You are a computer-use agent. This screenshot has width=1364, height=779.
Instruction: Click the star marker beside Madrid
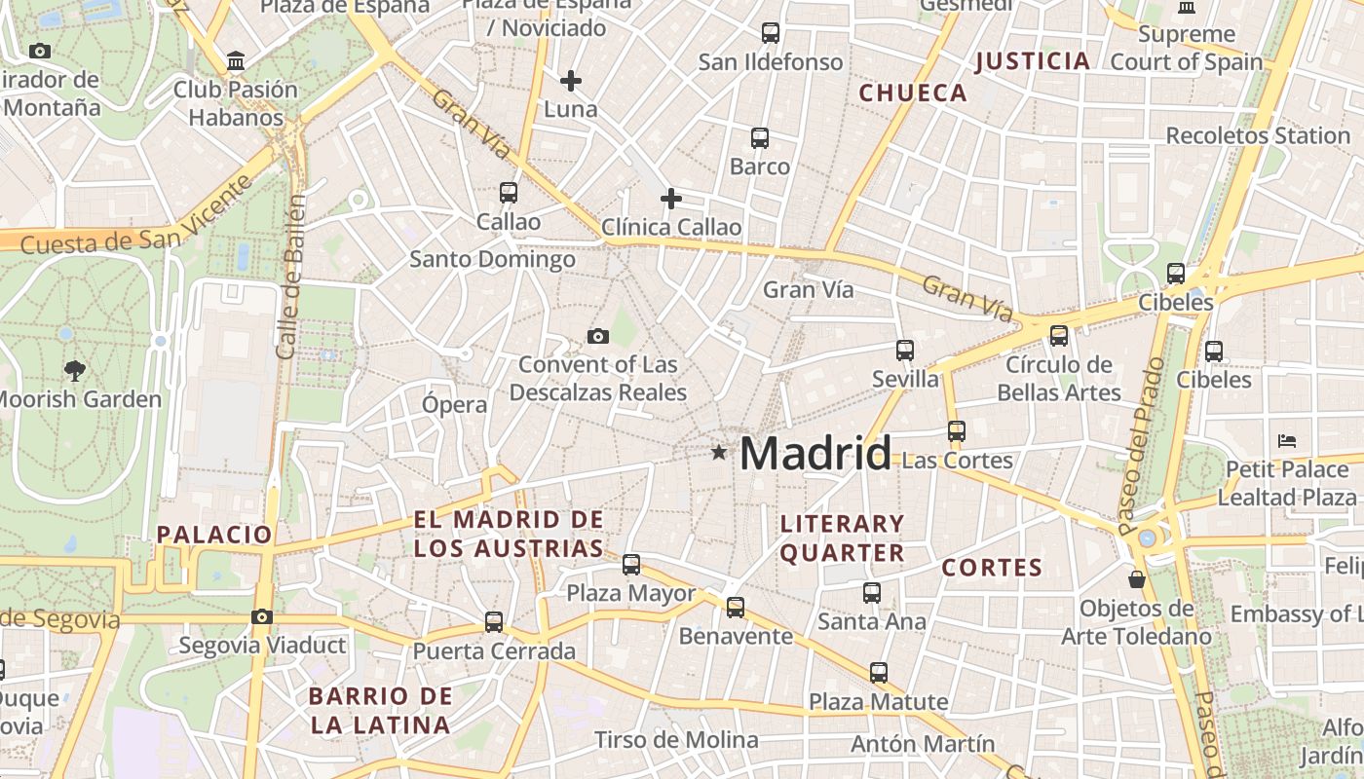(x=719, y=452)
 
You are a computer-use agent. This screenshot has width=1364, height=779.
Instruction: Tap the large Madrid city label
(x=815, y=454)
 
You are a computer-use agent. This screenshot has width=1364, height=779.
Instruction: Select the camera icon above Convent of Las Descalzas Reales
(x=598, y=336)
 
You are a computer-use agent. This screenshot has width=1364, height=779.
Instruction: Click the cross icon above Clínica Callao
(x=671, y=199)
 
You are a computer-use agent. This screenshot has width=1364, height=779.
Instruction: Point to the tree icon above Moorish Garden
(x=74, y=370)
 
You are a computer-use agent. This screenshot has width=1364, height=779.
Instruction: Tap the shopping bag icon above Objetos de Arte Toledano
(x=1136, y=579)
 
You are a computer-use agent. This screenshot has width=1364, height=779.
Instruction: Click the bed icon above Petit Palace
(x=1287, y=440)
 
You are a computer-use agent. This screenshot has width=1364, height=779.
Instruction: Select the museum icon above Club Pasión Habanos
(x=236, y=60)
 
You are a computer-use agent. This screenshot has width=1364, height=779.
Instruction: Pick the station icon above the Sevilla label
(x=905, y=351)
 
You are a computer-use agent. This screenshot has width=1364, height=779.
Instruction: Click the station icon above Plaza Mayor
(x=631, y=565)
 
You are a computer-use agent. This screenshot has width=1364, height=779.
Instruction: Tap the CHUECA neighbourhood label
(x=913, y=93)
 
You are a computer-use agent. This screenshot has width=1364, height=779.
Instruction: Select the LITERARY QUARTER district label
(x=843, y=538)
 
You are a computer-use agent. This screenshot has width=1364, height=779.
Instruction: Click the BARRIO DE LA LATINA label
(x=380, y=711)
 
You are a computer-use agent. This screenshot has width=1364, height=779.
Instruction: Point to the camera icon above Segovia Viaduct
(x=261, y=616)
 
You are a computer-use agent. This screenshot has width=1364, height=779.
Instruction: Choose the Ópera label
(x=454, y=404)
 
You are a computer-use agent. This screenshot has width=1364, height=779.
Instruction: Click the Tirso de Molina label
(x=676, y=740)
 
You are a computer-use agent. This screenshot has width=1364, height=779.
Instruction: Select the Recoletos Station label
(x=1257, y=135)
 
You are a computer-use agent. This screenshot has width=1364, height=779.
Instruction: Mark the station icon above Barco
(x=760, y=138)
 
